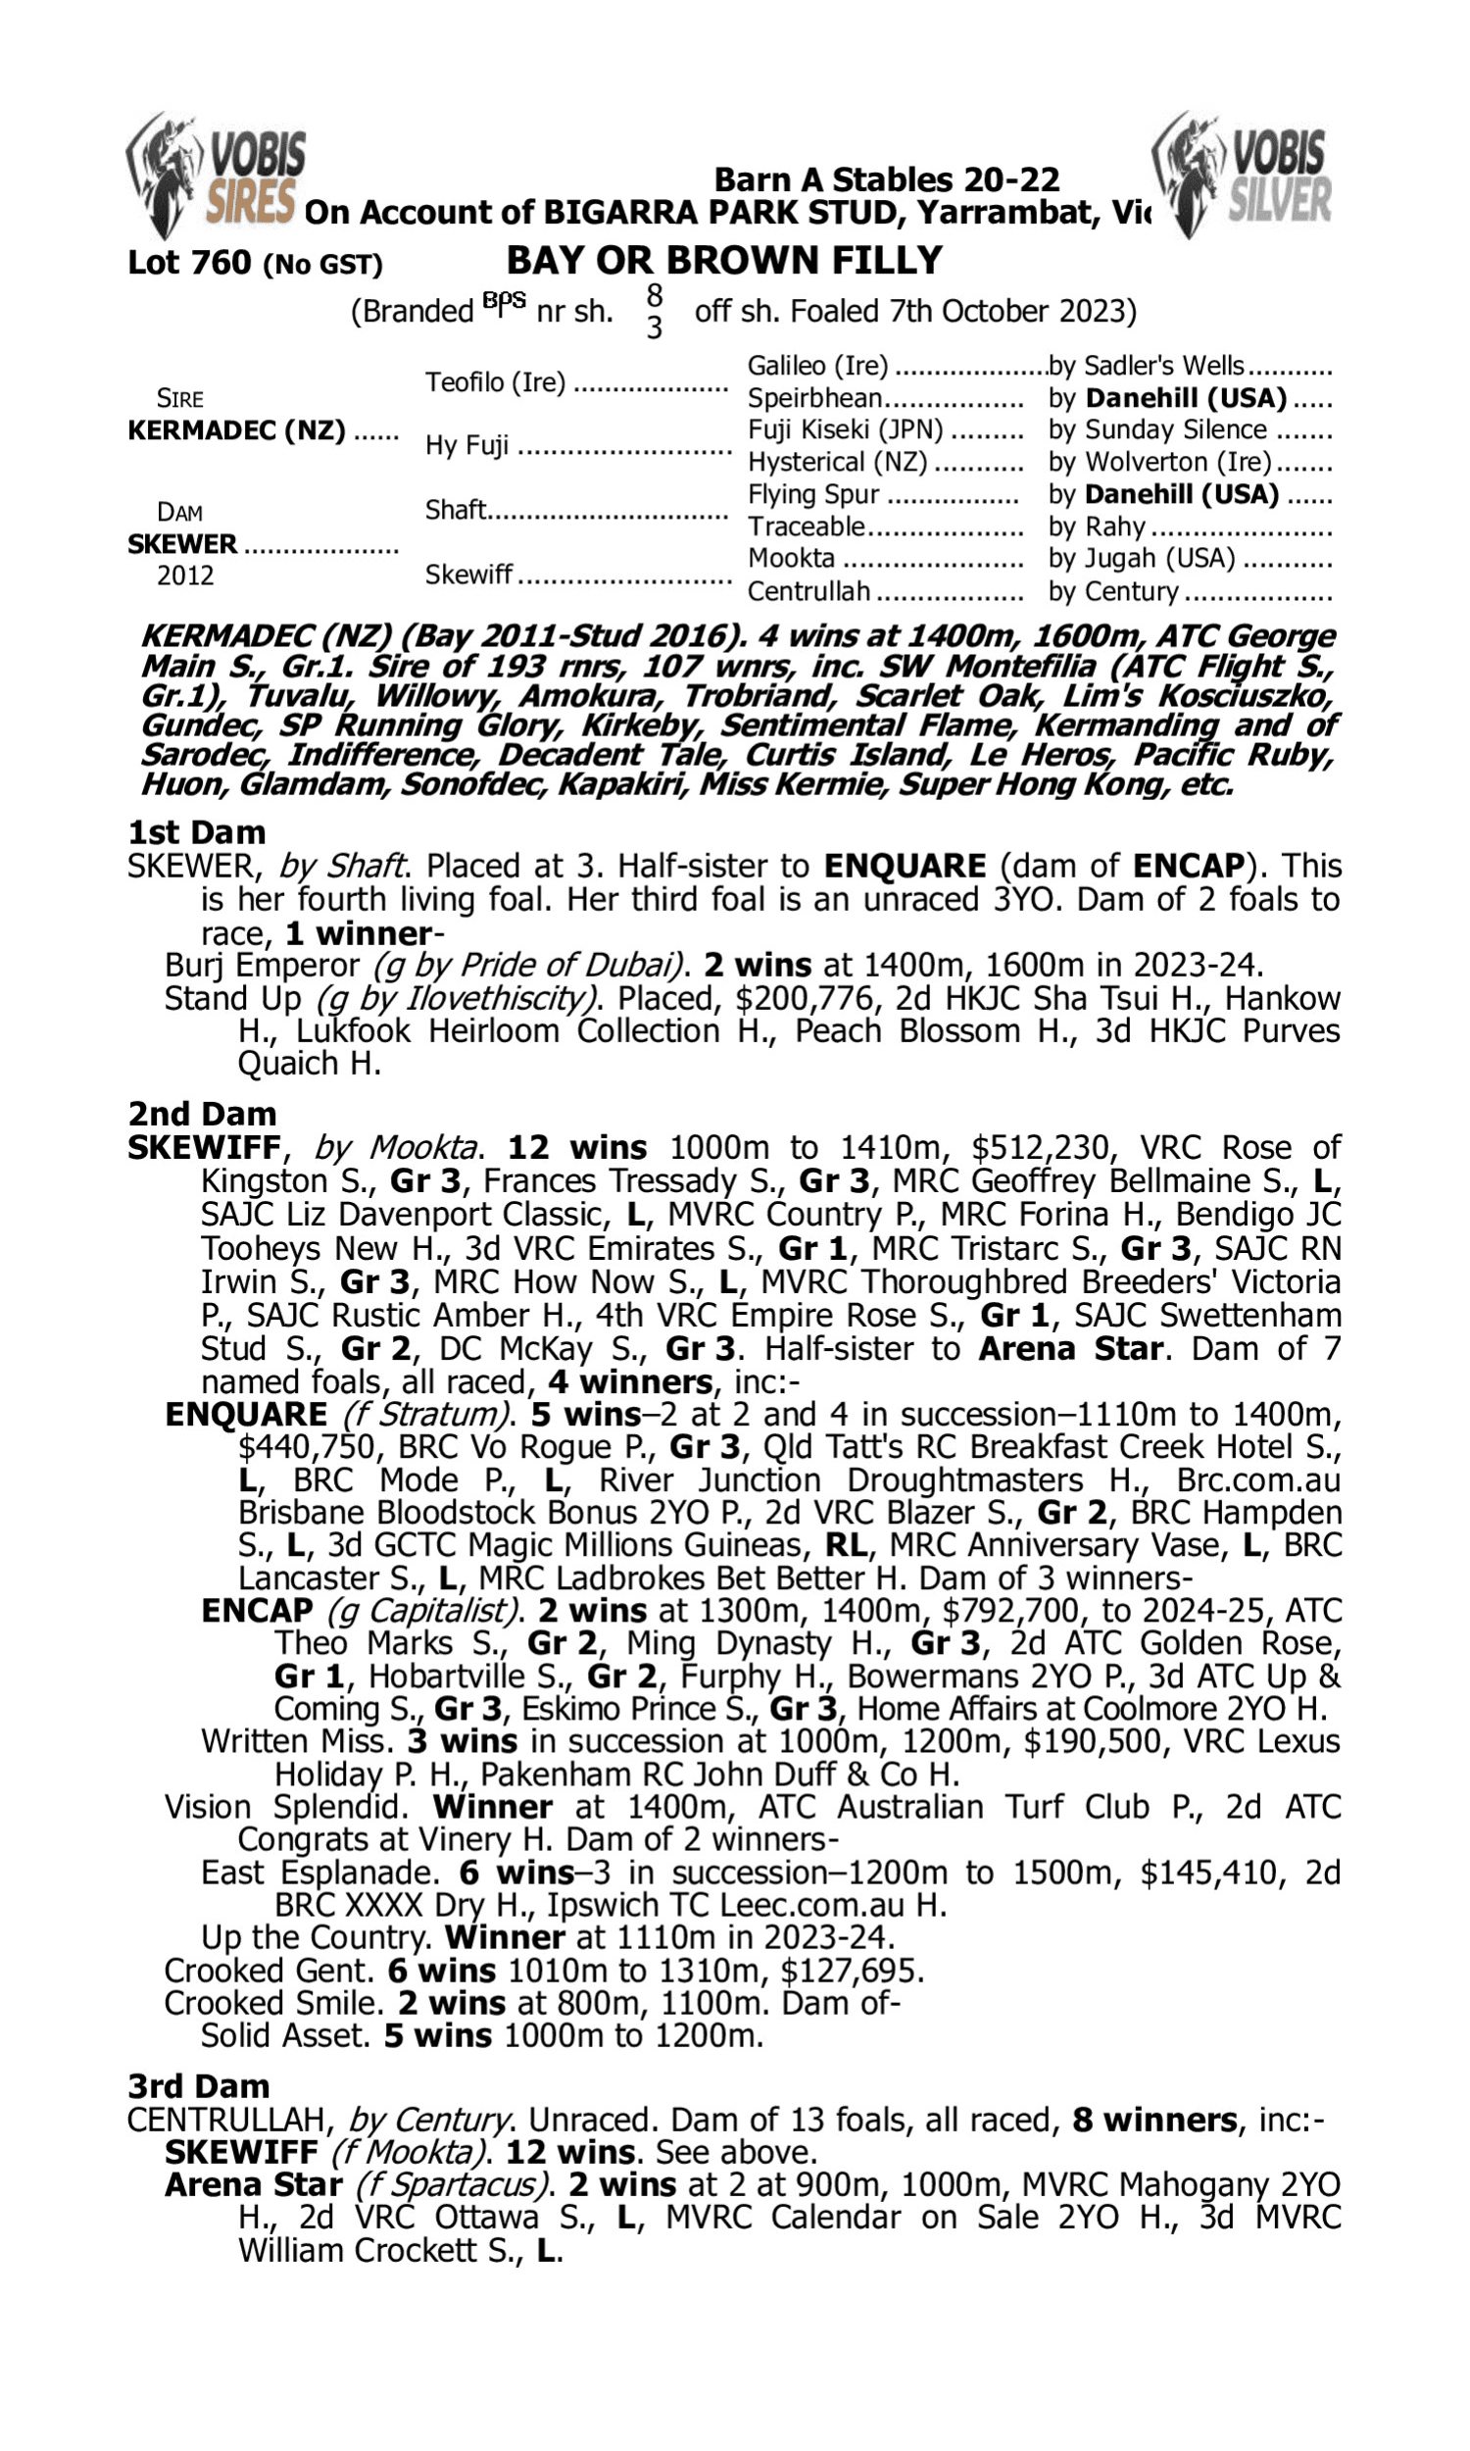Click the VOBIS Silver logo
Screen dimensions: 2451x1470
tap(1243, 175)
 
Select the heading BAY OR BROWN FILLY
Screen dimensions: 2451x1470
tap(724, 261)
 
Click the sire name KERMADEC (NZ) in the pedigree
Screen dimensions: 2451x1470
tap(236, 431)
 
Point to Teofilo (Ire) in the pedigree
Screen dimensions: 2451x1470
tap(494, 382)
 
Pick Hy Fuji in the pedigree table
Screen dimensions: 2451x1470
tap(466, 446)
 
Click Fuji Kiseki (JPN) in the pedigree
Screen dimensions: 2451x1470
tap(844, 430)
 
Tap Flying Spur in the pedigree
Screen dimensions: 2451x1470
tap(812, 494)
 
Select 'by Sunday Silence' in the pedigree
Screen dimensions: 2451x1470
tap(1157, 430)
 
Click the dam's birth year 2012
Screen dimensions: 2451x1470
tap(185, 575)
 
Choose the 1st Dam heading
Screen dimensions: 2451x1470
tap(196, 832)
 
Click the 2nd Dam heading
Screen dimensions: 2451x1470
tap(201, 1115)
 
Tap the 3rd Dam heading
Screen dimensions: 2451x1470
tap(198, 2086)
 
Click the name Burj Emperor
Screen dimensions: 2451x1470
tap(262, 966)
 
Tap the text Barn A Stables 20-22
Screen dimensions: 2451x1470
tap(887, 179)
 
